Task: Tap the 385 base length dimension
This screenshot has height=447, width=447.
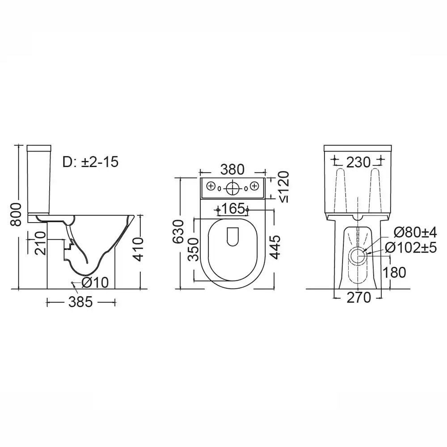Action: (x=80, y=302)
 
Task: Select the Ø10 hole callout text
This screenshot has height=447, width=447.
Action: (x=95, y=283)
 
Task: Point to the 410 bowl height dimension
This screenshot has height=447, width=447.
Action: (x=139, y=249)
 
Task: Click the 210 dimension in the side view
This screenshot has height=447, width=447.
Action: (x=40, y=243)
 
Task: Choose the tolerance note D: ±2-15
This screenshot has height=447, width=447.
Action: (x=90, y=162)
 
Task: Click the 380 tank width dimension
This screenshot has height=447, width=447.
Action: (x=232, y=169)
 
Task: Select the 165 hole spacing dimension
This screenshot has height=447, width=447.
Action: (x=232, y=209)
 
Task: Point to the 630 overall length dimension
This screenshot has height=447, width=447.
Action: (x=179, y=232)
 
